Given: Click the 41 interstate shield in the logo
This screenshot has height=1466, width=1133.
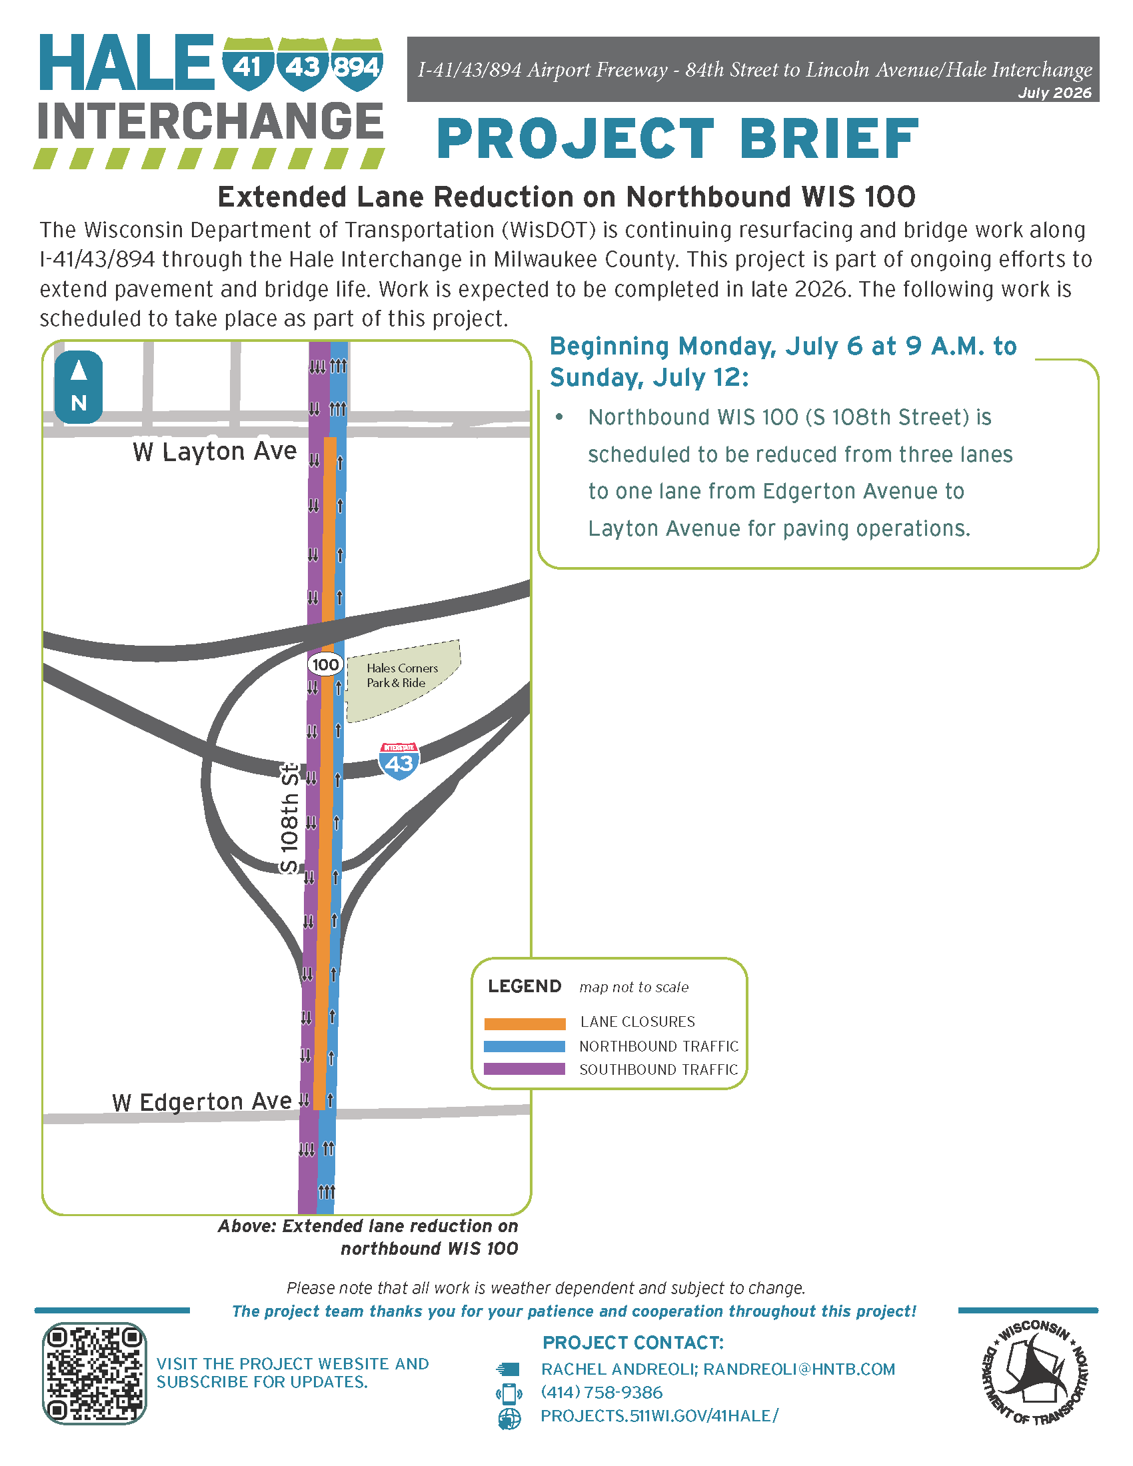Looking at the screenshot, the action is pyautogui.click(x=248, y=65).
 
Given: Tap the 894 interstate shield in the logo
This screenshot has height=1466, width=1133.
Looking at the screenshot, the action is pyautogui.click(x=357, y=65).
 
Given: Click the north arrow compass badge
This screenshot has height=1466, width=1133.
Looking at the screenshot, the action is pyautogui.click(x=79, y=387).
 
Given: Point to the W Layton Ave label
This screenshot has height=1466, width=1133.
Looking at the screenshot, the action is pyautogui.click(x=215, y=452).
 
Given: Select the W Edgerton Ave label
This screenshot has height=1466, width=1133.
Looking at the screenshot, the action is pyautogui.click(x=202, y=1101).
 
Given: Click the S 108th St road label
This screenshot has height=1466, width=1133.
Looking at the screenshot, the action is pyautogui.click(x=289, y=818).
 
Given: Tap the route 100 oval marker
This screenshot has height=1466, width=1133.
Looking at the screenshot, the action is pyautogui.click(x=325, y=664).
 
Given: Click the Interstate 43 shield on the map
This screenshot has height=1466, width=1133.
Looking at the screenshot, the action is pyautogui.click(x=399, y=761).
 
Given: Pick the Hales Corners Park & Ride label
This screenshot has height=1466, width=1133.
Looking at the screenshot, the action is pyautogui.click(x=402, y=675).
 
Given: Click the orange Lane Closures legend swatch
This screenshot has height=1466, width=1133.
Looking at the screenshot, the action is pyautogui.click(x=525, y=1024).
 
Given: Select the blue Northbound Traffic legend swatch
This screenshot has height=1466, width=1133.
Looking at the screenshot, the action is pyautogui.click(x=525, y=1046).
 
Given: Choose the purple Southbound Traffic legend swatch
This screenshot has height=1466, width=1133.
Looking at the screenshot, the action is pyautogui.click(x=525, y=1070).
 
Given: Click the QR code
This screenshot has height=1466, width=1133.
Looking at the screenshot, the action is pyautogui.click(x=95, y=1373).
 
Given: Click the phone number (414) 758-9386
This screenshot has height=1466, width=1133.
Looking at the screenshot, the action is pyautogui.click(x=601, y=1392).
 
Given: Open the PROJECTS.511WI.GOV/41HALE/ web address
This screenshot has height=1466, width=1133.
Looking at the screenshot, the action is pyautogui.click(x=660, y=1415).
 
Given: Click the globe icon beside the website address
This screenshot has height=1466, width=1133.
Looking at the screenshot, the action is pyautogui.click(x=509, y=1418).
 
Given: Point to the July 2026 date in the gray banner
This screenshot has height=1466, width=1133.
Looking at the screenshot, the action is pyautogui.click(x=1054, y=93).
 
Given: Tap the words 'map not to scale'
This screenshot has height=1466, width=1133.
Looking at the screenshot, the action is pyautogui.click(x=634, y=987).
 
